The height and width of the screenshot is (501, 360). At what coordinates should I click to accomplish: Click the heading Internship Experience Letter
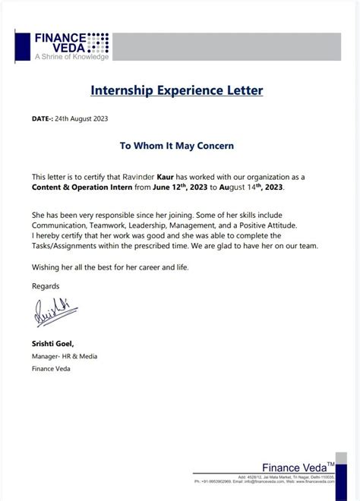(177, 90)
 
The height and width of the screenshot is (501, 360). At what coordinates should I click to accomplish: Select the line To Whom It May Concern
(177, 145)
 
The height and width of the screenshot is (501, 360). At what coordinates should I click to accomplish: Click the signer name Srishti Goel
(52, 344)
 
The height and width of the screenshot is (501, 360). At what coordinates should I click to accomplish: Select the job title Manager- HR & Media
(65, 356)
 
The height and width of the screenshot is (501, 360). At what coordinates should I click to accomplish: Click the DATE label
(42, 119)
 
